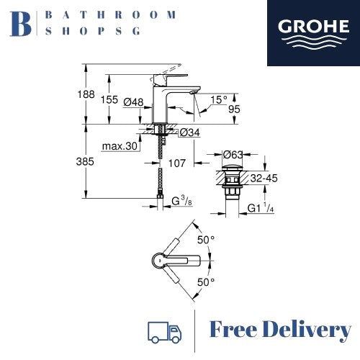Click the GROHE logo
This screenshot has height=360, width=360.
(313, 33)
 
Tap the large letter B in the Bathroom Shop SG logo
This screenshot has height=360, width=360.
(20, 24)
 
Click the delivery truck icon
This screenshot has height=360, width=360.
(164, 332)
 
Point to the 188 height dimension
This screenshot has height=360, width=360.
(86, 94)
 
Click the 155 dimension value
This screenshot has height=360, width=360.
(109, 99)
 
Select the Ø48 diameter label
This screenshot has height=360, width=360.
(133, 102)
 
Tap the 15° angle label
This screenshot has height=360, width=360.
(219, 99)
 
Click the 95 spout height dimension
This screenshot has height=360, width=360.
(234, 109)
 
